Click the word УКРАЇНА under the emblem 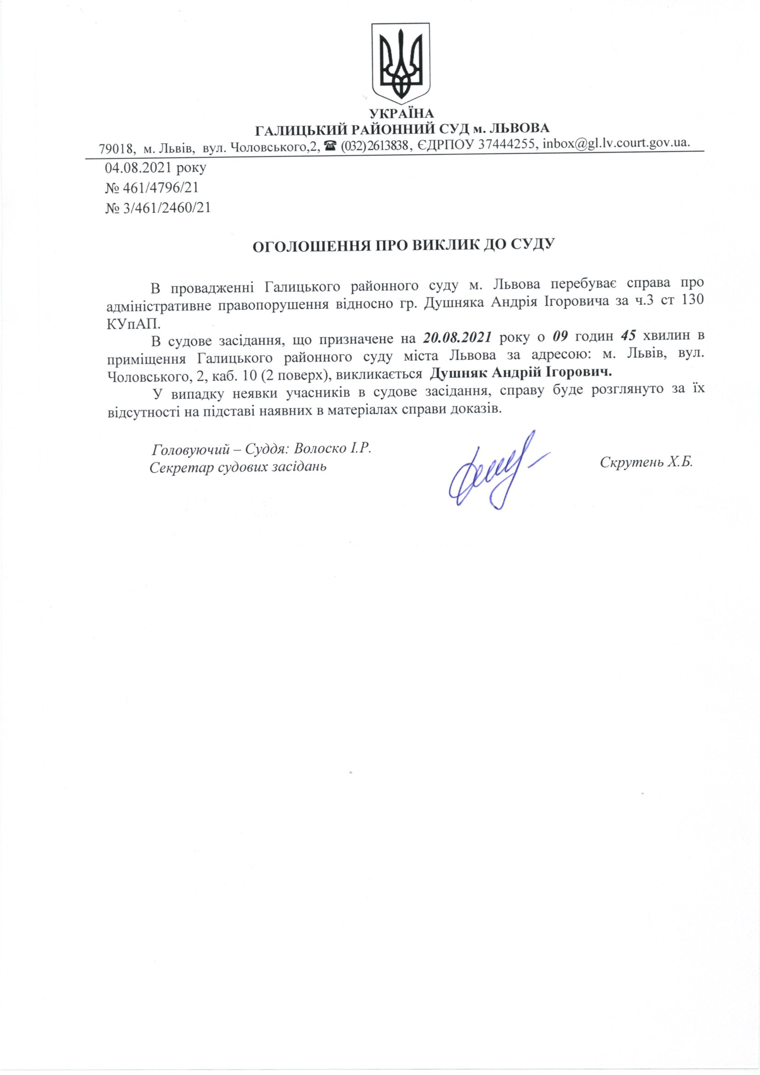click(402, 114)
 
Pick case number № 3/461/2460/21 click(158, 208)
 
